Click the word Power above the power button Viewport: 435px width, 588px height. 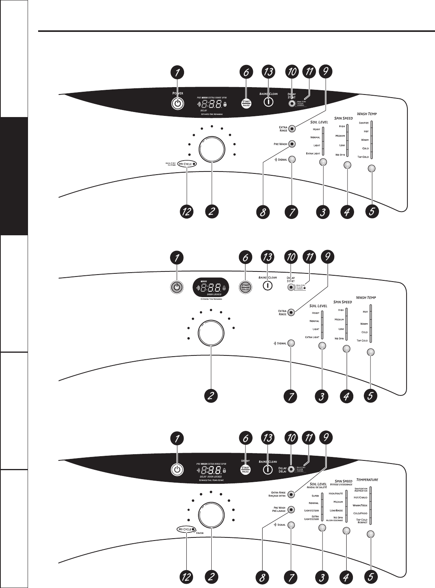click(177, 93)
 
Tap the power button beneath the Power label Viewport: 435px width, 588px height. click(177, 103)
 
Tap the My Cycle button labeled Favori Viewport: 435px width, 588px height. click(186, 529)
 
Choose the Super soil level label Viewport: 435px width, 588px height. click(314, 496)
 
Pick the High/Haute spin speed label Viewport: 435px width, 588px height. click(336, 493)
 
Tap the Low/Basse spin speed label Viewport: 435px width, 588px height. click(336, 510)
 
